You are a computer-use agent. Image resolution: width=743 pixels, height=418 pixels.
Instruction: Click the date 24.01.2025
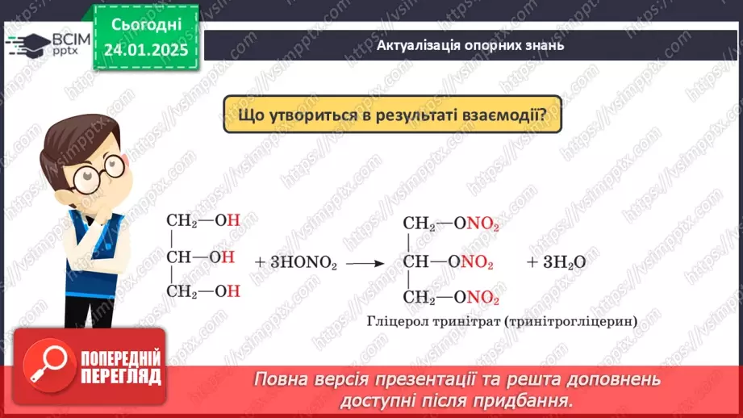coord(145,50)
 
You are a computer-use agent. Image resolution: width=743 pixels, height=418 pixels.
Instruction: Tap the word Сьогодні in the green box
coord(146,25)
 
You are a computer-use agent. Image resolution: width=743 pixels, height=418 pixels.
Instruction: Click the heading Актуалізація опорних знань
coord(470,45)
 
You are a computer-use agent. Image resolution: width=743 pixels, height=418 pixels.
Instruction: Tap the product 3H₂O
coord(556,262)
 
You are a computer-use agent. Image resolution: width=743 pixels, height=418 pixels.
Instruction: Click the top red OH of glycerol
coord(233,220)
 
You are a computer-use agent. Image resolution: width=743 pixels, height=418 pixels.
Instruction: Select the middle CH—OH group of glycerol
coord(200,257)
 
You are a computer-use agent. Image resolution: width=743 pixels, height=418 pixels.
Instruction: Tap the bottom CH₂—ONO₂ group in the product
coord(451,298)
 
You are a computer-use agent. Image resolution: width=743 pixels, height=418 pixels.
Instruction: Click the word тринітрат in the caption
coord(449,321)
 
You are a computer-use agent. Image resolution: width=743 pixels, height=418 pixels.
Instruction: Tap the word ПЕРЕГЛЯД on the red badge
coord(119,375)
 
